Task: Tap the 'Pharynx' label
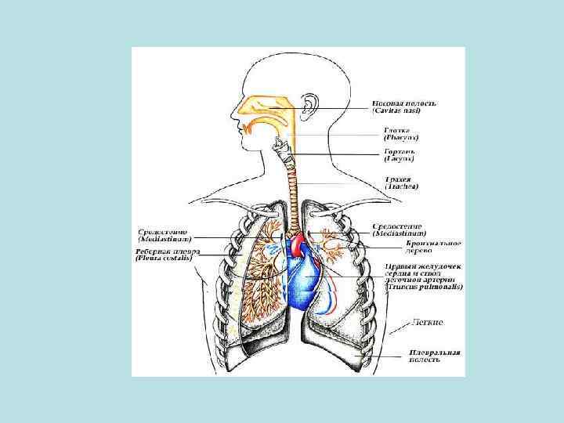point(399,138)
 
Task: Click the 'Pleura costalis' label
point(168,257)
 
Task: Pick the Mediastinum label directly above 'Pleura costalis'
point(165,239)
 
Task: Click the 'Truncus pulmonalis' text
point(424,287)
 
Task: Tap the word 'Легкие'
point(428,322)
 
